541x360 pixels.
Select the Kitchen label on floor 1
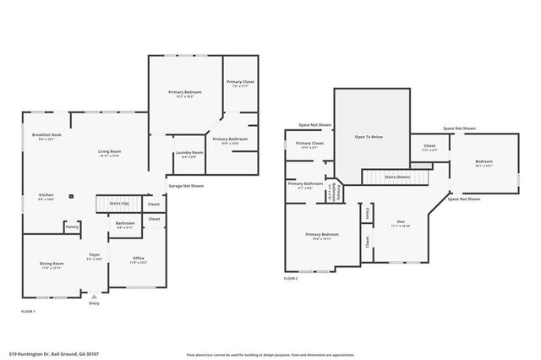tap(46, 195)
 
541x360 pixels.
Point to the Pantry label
tap(73, 226)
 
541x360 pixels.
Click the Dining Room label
tap(52, 264)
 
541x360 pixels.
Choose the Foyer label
tap(96, 255)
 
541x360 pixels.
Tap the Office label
tap(138, 259)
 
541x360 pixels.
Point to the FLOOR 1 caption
tap(28, 312)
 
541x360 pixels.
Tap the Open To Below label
tap(369, 136)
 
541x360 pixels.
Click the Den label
tap(401, 223)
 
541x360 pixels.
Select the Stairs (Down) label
tap(397, 177)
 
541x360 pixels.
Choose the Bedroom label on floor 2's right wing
tap(484, 161)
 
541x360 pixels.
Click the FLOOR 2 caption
tap(291, 278)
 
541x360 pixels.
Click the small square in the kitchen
tap(73, 197)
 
